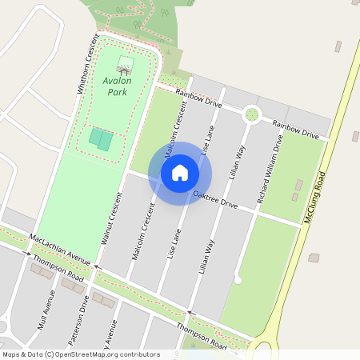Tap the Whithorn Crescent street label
tap(87, 65)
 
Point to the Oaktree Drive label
tap(215, 199)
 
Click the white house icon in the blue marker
tap(180, 172)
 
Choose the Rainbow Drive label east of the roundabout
tap(295, 129)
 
